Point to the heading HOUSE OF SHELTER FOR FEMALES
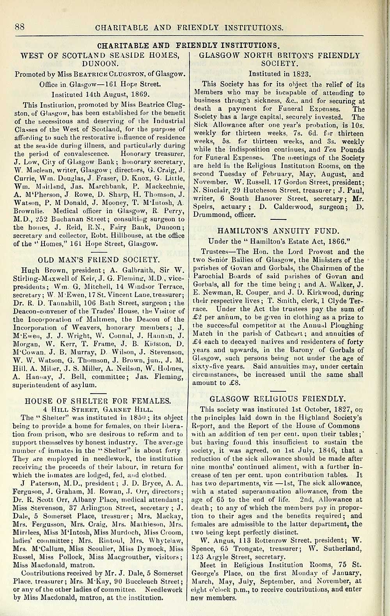[97, 401]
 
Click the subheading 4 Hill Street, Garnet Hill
[97, 409]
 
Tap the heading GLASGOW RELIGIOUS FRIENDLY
[277, 399]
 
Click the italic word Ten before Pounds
[327, 150]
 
